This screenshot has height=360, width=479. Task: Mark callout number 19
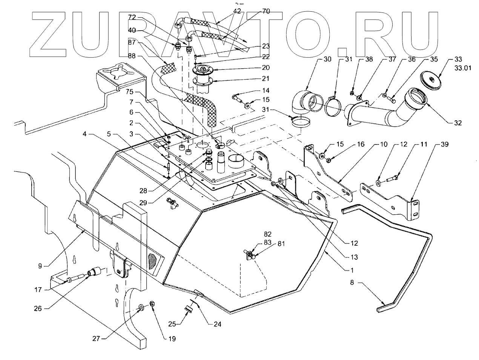click(172, 339)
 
